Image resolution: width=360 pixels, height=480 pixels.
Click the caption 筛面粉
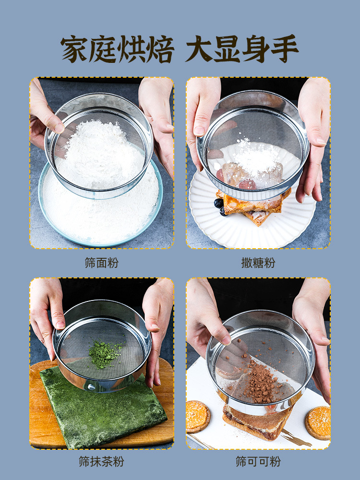(102, 263)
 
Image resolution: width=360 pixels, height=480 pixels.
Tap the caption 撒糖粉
(258, 263)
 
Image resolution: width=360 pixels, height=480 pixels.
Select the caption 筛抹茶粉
(102, 461)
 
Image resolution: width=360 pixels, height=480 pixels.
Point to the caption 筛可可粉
(258, 461)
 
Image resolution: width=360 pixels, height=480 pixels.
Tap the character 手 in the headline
(285, 49)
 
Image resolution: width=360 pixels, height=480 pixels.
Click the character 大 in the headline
(199, 49)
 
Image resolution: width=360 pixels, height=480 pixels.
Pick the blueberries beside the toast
(220, 206)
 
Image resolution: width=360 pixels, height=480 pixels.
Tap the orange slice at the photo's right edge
(318, 422)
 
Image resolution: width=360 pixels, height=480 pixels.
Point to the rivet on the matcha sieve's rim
(92, 387)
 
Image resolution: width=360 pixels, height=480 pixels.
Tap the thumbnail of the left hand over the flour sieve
(60, 128)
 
